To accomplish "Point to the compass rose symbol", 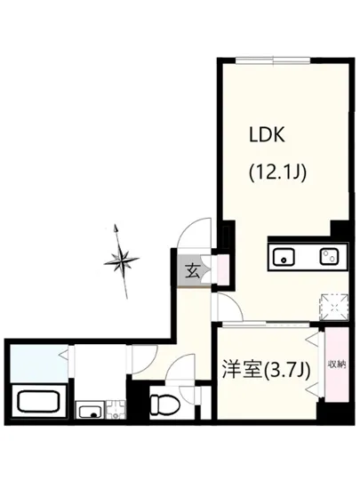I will point(123,260).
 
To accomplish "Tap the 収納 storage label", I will point(335,365).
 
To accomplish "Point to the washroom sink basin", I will point(90,411).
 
